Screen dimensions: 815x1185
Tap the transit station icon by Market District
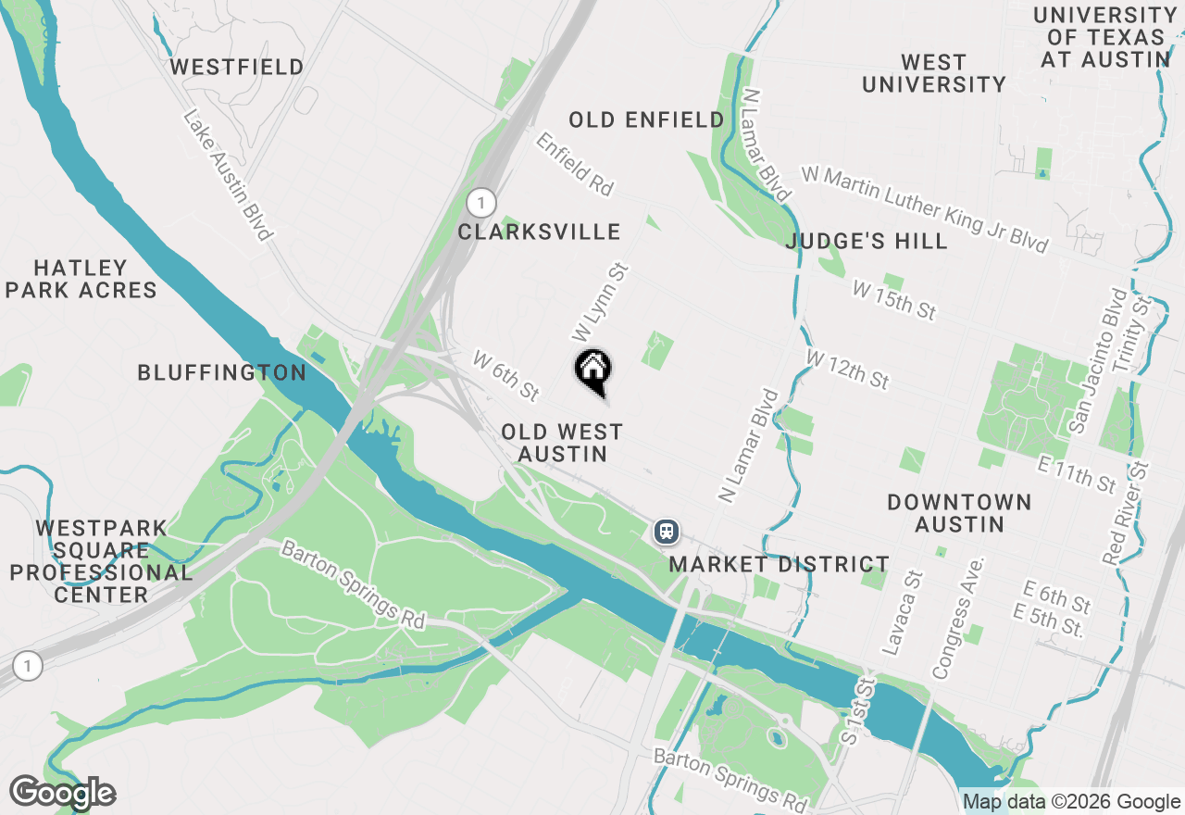667,532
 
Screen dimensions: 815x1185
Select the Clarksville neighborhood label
539,232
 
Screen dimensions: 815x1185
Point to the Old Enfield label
646,119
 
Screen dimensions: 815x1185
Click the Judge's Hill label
867,242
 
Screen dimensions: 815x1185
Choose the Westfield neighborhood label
237,68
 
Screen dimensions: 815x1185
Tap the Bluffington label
221,372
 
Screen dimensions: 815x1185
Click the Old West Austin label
562,443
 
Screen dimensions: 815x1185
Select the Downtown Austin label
959,513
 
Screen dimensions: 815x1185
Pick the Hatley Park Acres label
81,279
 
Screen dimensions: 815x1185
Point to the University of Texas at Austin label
1105,37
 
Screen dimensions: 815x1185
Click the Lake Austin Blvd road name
228,175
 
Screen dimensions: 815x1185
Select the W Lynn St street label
600,301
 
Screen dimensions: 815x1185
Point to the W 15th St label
894,301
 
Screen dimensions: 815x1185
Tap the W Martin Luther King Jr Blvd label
925,209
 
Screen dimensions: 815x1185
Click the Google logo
62,793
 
